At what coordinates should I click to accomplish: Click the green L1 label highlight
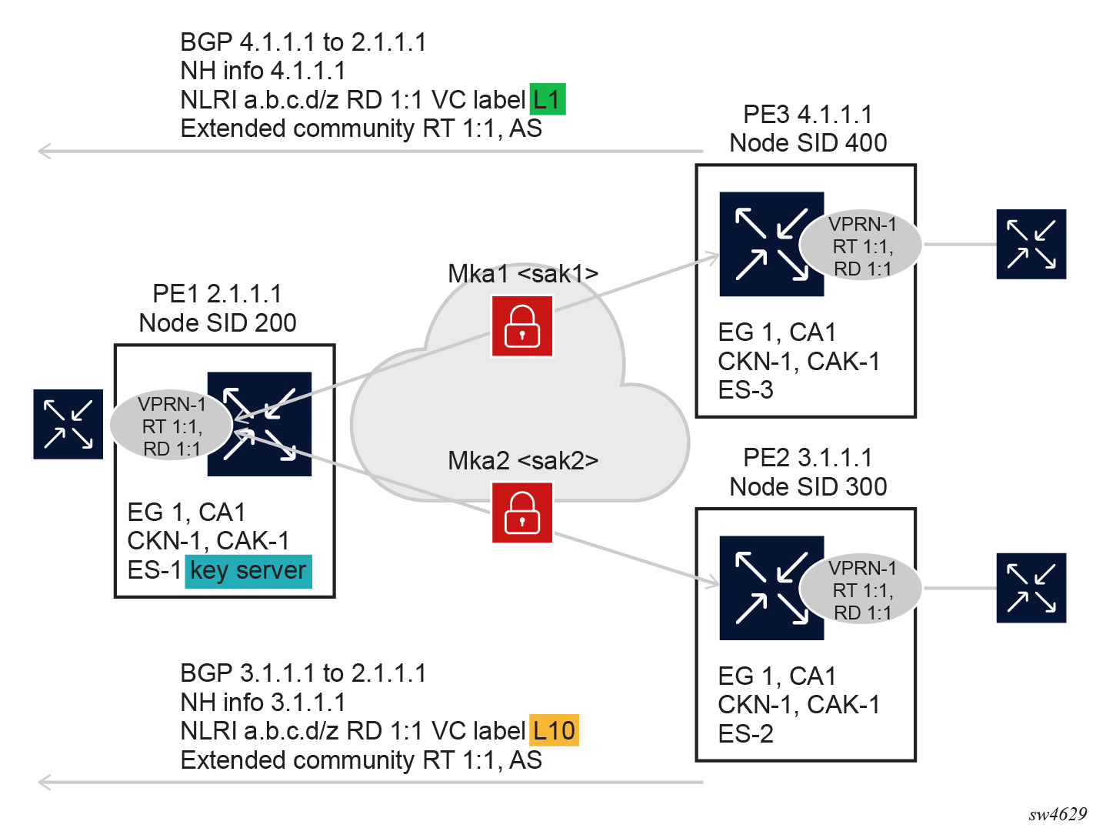click(547, 99)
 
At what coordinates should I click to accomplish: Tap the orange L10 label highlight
click(554, 730)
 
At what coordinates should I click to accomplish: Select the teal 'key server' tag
click(248, 571)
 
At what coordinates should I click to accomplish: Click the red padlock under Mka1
click(522, 327)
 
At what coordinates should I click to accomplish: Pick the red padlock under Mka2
click(522, 512)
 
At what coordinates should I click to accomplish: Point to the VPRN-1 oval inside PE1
click(171, 426)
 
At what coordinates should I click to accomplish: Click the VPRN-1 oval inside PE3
click(861, 246)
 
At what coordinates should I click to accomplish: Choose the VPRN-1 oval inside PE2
click(861, 590)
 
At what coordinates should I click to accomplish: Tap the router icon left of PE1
click(68, 424)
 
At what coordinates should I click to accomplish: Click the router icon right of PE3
click(1031, 244)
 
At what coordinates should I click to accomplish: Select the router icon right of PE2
click(1031, 588)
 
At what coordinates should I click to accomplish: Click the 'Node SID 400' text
click(808, 143)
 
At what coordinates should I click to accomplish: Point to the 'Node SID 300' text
click(808, 487)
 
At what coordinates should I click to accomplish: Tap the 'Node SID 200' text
click(218, 323)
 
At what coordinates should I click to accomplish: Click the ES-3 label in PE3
click(745, 390)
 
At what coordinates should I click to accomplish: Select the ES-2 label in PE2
click(745, 734)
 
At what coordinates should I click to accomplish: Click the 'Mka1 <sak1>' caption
click(523, 274)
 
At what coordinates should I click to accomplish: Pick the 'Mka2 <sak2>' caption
click(523, 461)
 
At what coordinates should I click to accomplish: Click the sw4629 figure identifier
click(1058, 814)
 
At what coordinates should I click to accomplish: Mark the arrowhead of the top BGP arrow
click(43, 151)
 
